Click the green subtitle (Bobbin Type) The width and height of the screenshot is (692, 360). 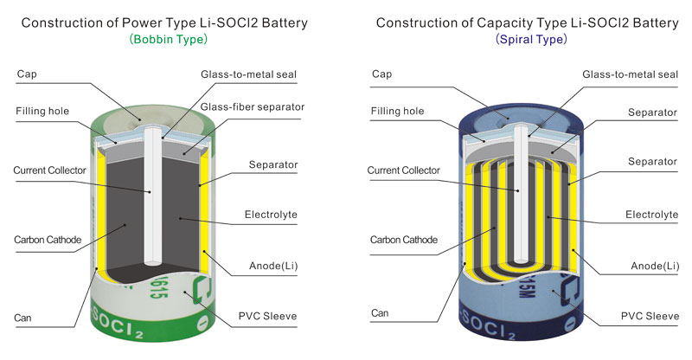(168, 39)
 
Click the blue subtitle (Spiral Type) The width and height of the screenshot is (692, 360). (531, 39)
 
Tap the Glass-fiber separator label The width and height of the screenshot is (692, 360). (253, 107)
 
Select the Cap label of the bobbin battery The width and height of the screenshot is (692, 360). (27, 74)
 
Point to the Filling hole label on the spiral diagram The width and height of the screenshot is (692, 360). (397, 111)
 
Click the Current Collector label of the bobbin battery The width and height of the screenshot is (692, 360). (49, 170)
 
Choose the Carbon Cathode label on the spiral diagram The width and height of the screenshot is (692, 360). (404, 240)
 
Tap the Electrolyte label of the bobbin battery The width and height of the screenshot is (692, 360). (271, 215)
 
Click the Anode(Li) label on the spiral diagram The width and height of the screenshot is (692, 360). (655, 266)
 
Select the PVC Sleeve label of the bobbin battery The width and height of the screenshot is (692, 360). (267, 316)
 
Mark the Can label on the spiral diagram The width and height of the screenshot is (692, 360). (380, 313)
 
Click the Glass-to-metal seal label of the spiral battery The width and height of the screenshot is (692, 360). (631, 74)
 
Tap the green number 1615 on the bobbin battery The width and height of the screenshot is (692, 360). (158, 287)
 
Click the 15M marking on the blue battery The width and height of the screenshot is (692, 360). (526, 286)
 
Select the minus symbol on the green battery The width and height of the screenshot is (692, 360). (202, 323)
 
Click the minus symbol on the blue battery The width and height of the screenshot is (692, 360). (569, 324)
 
